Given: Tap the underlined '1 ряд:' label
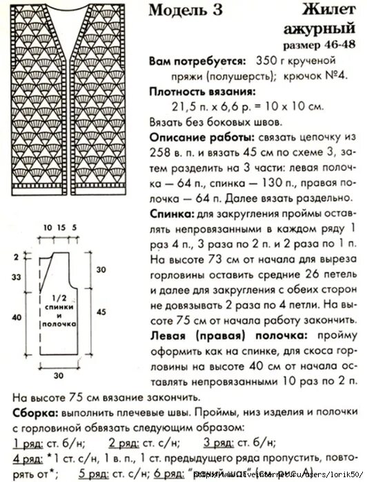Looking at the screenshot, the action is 28,442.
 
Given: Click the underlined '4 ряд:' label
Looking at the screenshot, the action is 28,458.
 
